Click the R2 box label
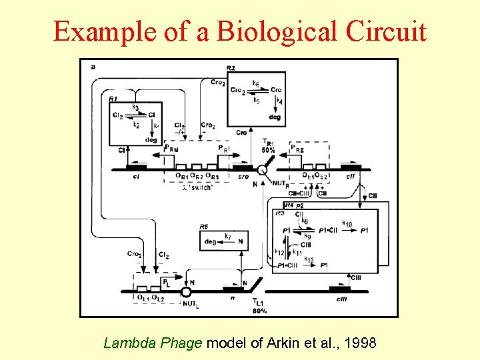click(x=230, y=68)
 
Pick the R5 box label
click(x=204, y=227)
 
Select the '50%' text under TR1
click(x=268, y=150)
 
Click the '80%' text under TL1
click(x=260, y=311)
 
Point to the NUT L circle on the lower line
click(x=186, y=291)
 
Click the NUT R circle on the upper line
click(x=263, y=170)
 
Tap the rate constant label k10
click(x=347, y=223)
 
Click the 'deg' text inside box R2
click(x=275, y=117)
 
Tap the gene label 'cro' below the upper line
click(x=244, y=177)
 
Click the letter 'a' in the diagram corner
click(x=92, y=67)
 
